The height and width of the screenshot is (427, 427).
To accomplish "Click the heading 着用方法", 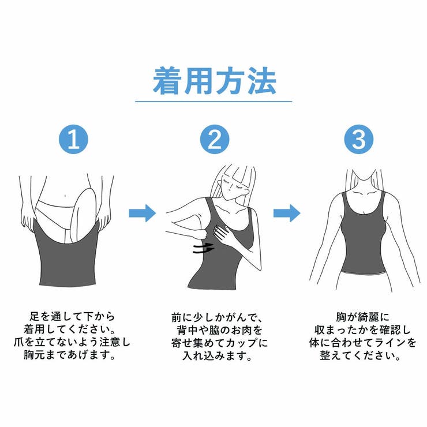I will pyautogui.click(x=214, y=81).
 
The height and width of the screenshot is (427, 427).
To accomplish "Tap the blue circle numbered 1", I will pyautogui.click(x=73, y=140).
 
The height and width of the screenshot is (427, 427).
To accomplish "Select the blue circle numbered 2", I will pyautogui.click(x=214, y=140).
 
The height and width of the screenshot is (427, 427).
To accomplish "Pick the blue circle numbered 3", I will pyautogui.click(x=358, y=140).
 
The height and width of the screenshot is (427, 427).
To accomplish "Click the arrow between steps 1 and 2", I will pyautogui.click(x=142, y=213).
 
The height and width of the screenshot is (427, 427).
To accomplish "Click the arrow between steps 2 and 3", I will pyautogui.click(x=287, y=213).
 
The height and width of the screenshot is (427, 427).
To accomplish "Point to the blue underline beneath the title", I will pyautogui.click(x=213, y=102).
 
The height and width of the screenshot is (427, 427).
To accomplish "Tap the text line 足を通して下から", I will pyautogui.click(x=72, y=316).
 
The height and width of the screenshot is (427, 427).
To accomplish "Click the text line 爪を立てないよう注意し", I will pyautogui.click(x=72, y=343).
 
